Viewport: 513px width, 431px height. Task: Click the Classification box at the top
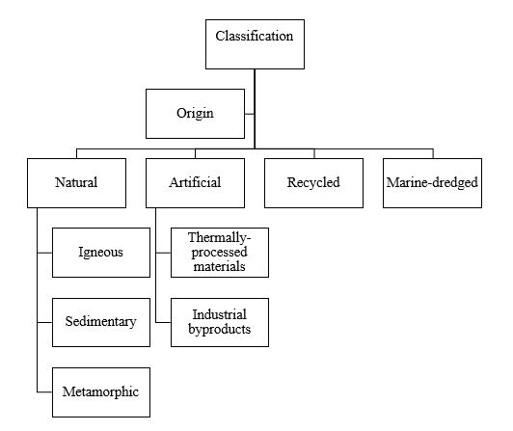pos(255,44)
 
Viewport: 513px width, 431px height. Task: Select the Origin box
pos(195,114)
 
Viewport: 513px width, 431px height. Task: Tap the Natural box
pos(76,183)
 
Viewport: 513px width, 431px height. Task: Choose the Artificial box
pos(195,183)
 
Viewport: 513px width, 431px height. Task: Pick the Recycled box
pos(313,183)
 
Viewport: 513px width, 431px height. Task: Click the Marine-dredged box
pos(432,183)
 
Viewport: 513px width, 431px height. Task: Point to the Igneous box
pos(101,253)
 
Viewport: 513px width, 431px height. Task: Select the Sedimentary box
pos(101,322)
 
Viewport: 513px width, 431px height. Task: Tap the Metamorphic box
pos(101,392)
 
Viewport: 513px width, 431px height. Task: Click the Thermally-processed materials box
pos(220,253)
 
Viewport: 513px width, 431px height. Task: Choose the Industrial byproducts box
pos(220,322)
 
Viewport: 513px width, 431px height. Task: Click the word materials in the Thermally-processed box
pos(219,266)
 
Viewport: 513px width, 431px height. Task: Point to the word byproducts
pos(220,330)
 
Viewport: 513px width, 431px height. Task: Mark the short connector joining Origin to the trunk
pos(250,114)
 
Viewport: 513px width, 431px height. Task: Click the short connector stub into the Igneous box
pos(44,253)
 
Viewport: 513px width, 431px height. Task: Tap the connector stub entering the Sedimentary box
pos(44,322)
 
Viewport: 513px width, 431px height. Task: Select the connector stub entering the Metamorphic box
pos(44,391)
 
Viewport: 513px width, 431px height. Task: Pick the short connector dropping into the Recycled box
pos(314,154)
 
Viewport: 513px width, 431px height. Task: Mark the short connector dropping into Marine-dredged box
pos(433,154)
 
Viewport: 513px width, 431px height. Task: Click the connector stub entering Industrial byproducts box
pos(163,322)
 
